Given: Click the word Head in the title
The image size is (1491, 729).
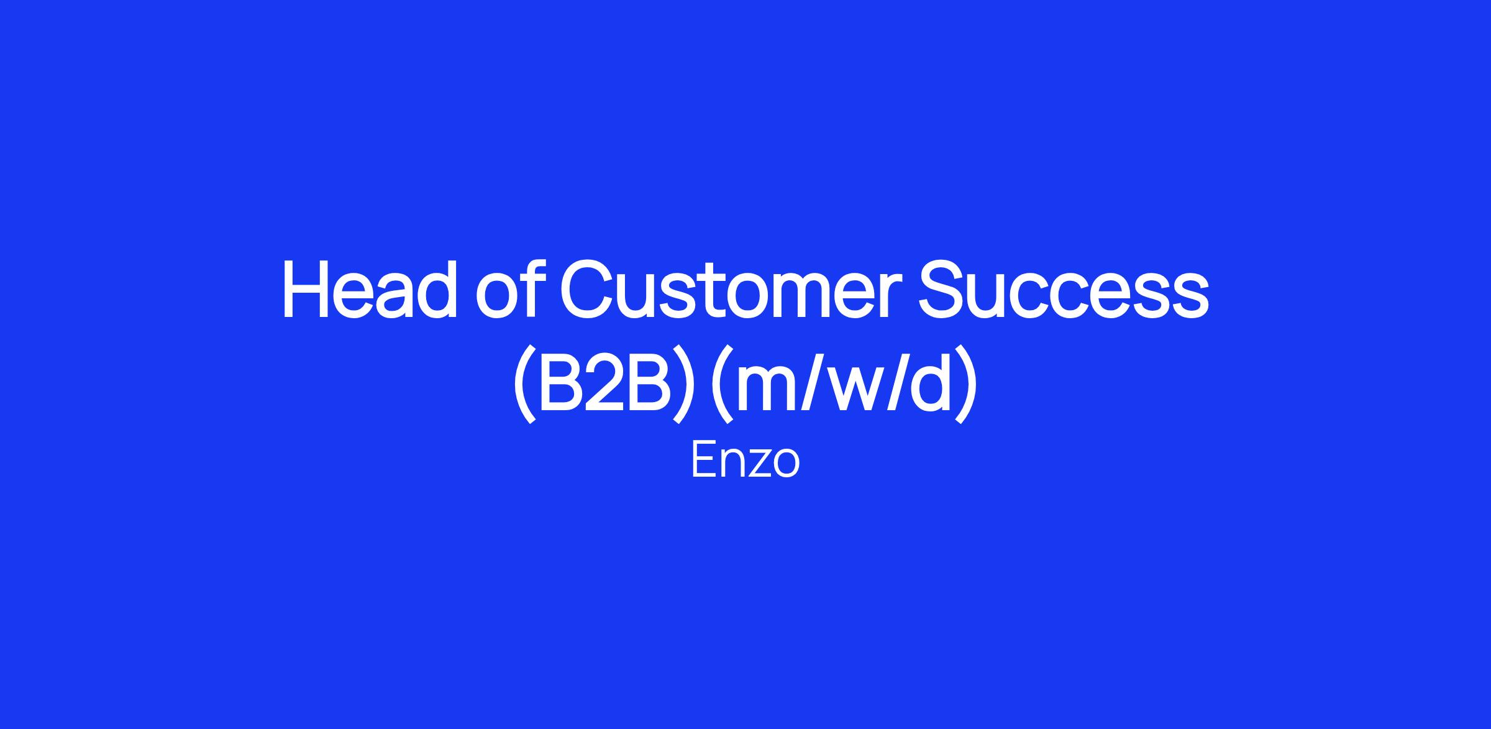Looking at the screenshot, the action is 370,289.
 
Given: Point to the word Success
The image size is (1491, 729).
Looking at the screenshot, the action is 1064,289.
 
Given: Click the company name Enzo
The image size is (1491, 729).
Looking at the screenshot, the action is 745,461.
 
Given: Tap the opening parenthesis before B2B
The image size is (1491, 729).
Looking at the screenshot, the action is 524,385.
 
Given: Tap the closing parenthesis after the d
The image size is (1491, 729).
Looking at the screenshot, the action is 966,385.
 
